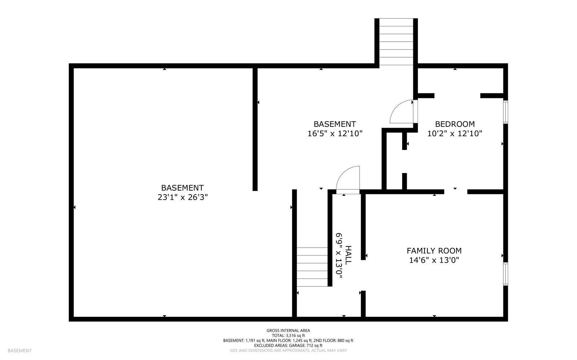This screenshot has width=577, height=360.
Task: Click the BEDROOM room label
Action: pos(454,124)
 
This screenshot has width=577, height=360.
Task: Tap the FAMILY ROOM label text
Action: pos(434,250)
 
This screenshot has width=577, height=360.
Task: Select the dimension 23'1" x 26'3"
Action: pos(182,197)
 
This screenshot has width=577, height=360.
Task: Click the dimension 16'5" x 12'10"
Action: pos(335,133)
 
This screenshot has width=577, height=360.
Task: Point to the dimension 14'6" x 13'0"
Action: pos(434,260)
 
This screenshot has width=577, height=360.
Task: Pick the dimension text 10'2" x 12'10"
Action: pos(454,133)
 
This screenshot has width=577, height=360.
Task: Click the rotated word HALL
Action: pos(348,255)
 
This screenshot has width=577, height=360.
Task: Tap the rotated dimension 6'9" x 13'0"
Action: pos(339,255)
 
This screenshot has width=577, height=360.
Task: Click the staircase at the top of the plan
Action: pos(396,41)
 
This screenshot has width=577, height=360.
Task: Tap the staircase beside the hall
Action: pos(312,267)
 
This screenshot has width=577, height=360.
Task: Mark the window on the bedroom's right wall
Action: pos(506,112)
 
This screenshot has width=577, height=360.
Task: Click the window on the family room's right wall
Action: pos(506,274)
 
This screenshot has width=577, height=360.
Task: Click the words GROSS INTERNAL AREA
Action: pos(288,330)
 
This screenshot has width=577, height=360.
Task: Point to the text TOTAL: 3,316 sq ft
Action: pos(288,335)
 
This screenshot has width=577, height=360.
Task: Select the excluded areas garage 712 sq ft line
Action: pos(288,345)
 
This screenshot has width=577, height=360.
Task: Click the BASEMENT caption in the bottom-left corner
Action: pos(19,350)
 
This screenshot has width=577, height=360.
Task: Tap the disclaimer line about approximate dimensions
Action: pos(288,350)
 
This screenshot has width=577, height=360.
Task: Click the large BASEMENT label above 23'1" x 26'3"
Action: pos(182,188)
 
